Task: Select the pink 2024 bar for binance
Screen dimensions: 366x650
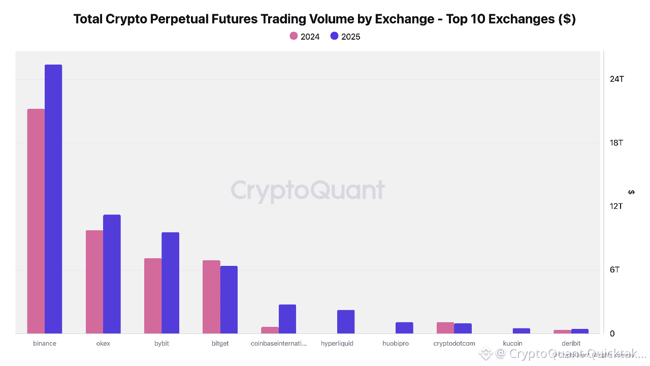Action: (36, 221)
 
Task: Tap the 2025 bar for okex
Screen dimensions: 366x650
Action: (112, 274)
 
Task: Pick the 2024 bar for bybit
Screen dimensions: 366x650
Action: (153, 296)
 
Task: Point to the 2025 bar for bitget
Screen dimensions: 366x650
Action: (229, 299)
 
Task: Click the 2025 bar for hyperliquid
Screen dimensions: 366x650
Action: (346, 322)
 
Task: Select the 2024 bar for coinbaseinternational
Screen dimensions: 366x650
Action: (270, 330)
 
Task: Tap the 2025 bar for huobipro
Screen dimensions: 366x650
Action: (404, 328)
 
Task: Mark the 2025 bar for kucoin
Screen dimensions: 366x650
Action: (521, 331)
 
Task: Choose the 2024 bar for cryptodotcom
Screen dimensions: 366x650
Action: (445, 328)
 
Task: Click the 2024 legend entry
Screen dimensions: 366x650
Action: (305, 37)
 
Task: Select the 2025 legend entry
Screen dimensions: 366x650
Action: (345, 37)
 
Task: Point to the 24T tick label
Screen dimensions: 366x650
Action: (617, 79)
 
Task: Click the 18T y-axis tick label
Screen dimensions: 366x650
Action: (617, 143)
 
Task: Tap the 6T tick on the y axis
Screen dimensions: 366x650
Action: (615, 270)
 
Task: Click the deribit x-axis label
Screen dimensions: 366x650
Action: (571, 344)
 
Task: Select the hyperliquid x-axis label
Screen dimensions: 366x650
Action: (337, 344)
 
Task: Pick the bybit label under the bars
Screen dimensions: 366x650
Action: (161, 344)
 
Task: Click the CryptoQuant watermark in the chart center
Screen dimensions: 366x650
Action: (308, 191)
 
